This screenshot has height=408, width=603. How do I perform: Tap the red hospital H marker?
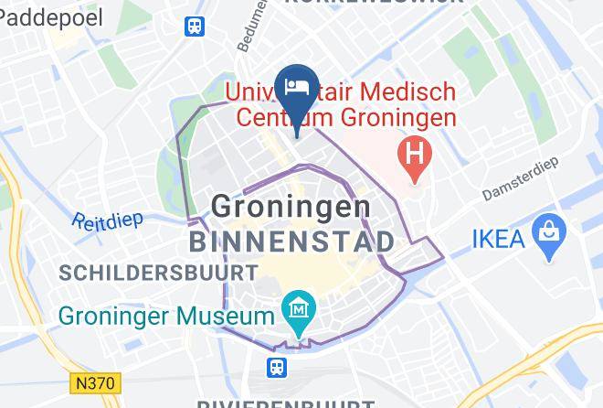[x=415, y=154]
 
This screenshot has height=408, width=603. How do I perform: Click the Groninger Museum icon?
[x=299, y=308]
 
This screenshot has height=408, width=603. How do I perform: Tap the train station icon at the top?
[x=195, y=26]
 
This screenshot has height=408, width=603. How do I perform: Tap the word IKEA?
[x=499, y=240]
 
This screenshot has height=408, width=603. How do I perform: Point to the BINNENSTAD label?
[x=291, y=242]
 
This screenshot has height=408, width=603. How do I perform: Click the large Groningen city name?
[x=291, y=208]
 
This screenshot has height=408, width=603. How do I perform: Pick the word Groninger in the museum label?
[x=114, y=317]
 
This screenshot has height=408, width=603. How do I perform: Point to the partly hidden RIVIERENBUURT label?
[x=286, y=403]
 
